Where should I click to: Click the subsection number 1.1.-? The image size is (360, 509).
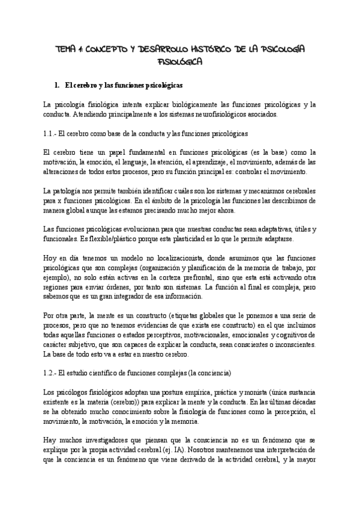[52, 133]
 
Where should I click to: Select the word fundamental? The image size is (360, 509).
[137, 152]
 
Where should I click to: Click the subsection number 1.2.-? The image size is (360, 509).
[52, 373]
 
